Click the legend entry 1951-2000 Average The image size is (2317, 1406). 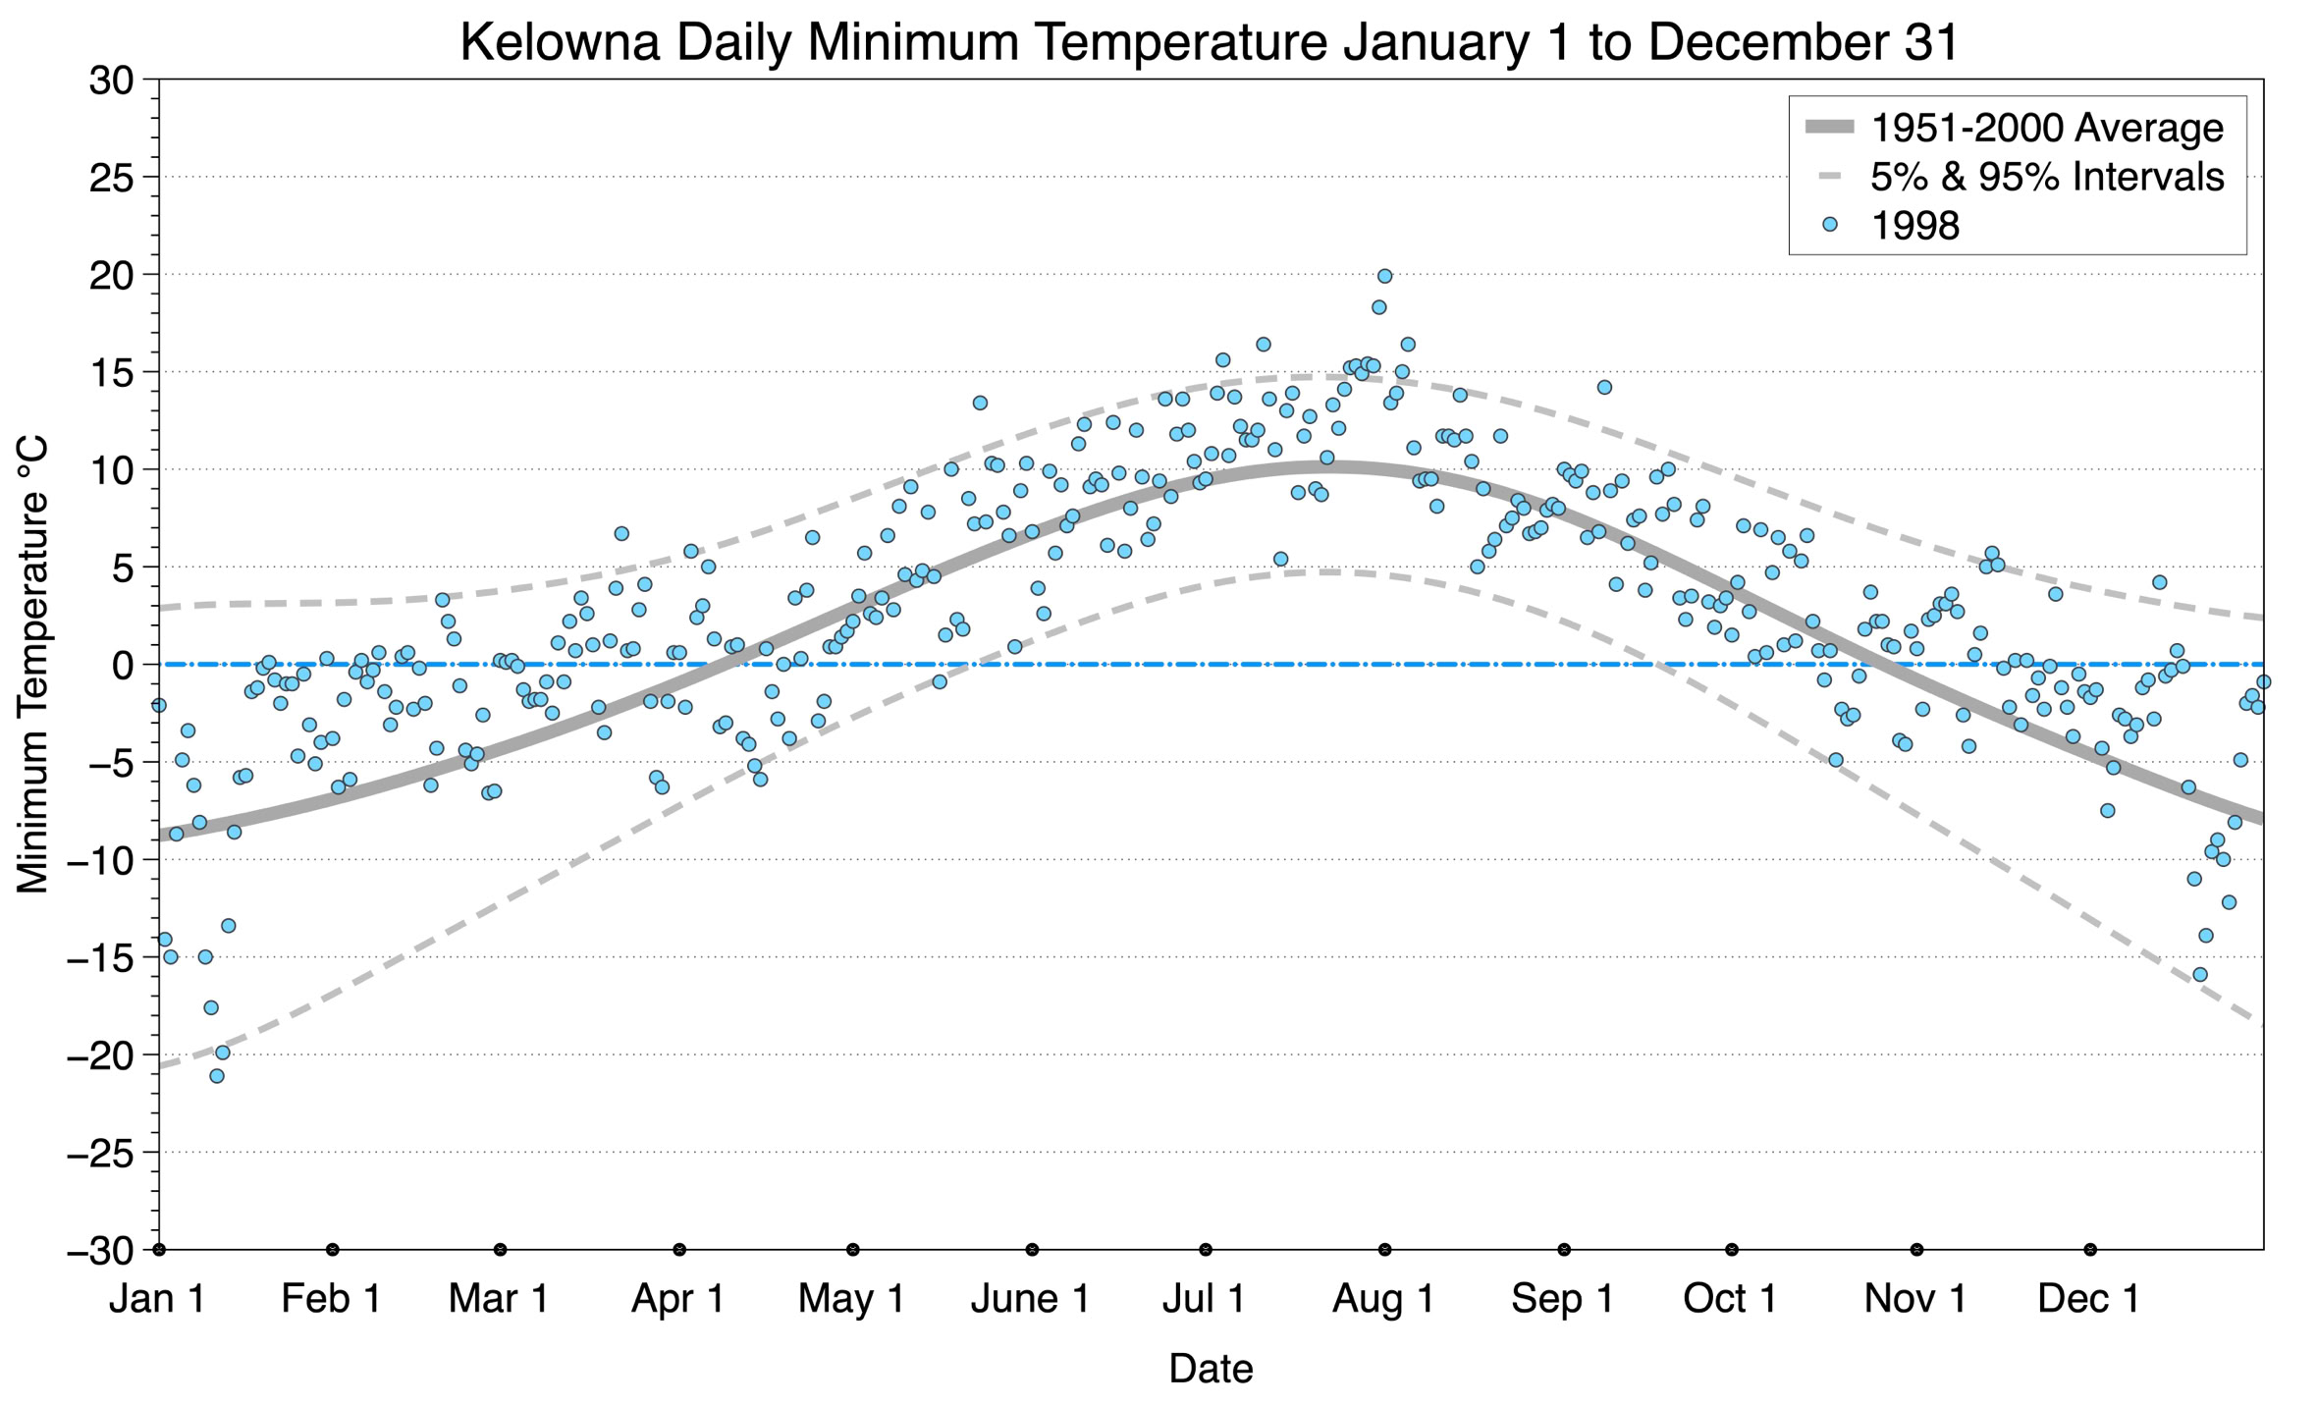click(2046, 128)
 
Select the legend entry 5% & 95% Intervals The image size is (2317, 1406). click(2046, 177)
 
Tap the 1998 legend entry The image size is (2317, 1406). click(1914, 226)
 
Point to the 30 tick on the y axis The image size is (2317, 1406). click(111, 81)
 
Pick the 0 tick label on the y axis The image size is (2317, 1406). click(123, 666)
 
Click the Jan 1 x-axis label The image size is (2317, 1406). click(158, 1298)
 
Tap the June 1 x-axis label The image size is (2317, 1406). click(1031, 1298)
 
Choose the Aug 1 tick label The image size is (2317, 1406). click(1383, 1298)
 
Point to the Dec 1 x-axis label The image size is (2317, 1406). click(2089, 1298)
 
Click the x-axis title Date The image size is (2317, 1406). click(1211, 1368)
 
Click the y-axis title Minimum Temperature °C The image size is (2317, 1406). click(33, 666)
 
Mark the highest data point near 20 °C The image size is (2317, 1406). click(1384, 276)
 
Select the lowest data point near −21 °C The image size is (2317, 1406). click(217, 1076)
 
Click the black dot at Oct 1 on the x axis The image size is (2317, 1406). click(1732, 1250)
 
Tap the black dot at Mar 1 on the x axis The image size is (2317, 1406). click(501, 1250)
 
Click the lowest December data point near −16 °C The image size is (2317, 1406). click(2200, 974)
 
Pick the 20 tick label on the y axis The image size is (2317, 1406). click(111, 276)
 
